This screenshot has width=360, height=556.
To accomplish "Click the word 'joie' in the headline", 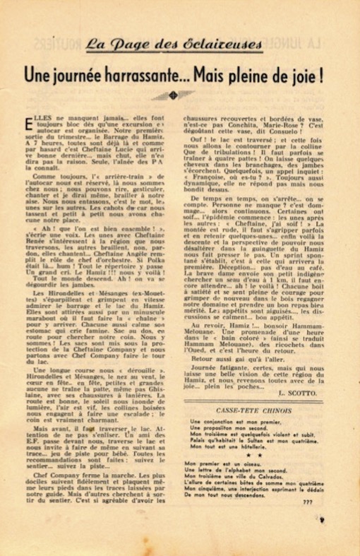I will click(310, 73).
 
